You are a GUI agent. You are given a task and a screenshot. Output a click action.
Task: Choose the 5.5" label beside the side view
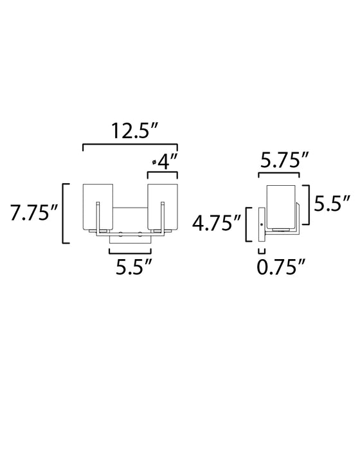(x=332, y=205)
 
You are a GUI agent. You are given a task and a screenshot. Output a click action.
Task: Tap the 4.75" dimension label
(x=218, y=224)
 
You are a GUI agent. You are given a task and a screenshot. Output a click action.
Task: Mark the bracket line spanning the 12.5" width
(x=130, y=148)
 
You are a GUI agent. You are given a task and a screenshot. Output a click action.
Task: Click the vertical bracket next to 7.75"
(x=62, y=213)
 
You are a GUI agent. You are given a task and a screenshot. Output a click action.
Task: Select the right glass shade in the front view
(x=162, y=206)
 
